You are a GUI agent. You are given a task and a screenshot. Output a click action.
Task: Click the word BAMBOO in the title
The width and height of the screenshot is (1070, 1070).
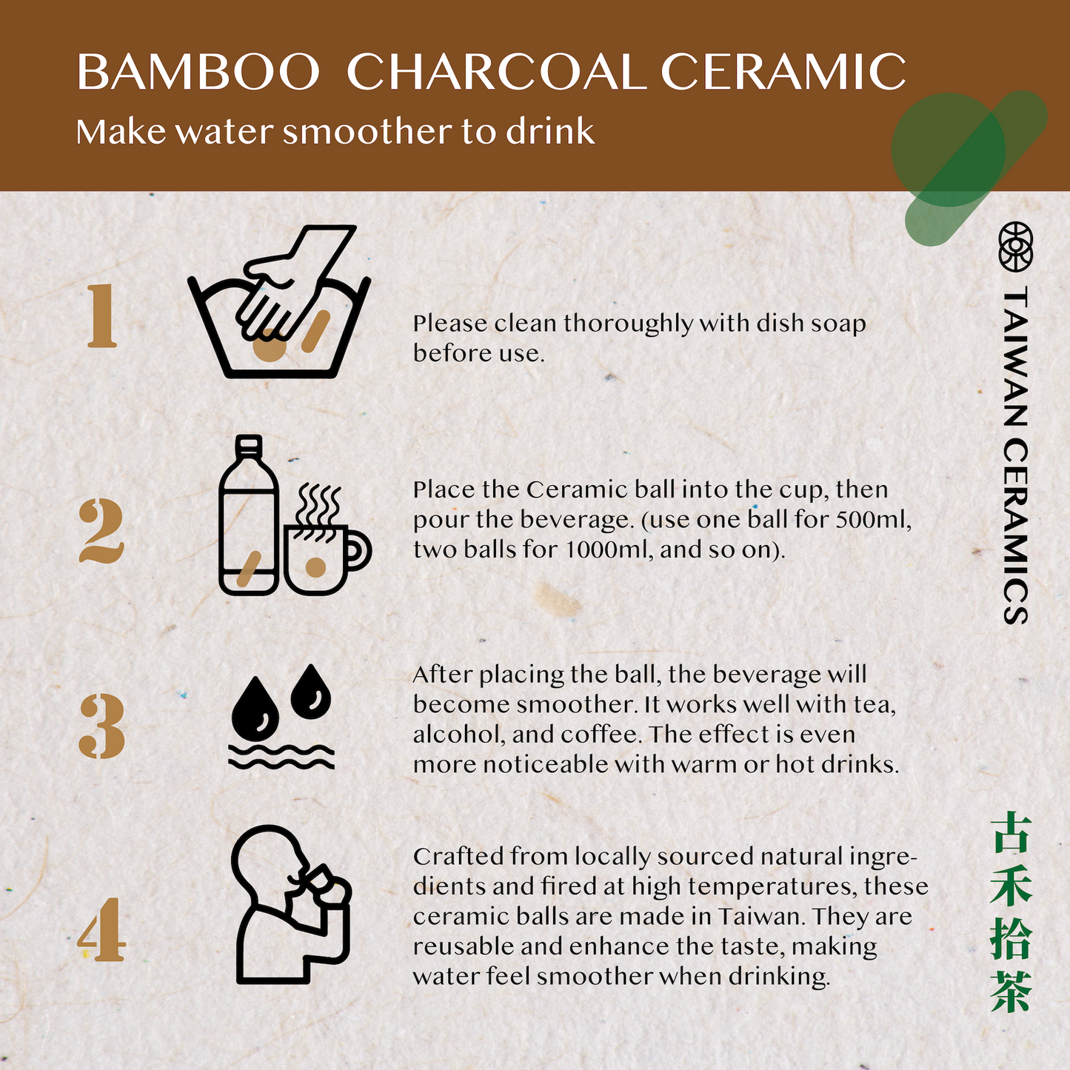(x=198, y=72)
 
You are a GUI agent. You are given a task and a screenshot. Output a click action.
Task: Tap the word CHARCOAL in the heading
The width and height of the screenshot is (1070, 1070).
(x=496, y=72)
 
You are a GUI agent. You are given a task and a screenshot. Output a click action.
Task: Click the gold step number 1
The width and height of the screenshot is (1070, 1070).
(x=101, y=316)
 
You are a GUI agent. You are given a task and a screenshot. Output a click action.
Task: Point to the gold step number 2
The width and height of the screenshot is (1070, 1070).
(x=101, y=531)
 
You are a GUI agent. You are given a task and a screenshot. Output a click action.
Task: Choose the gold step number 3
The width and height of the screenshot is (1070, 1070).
(x=102, y=726)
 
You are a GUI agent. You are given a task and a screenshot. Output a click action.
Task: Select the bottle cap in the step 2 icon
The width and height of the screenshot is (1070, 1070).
(x=249, y=443)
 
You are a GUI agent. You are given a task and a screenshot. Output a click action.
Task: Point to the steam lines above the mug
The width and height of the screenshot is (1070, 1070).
(x=318, y=505)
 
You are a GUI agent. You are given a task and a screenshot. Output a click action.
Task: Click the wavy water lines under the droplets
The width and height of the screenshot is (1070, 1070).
(x=281, y=757)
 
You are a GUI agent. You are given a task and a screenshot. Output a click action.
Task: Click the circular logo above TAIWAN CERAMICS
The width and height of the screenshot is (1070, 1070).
(x=1016, y=247)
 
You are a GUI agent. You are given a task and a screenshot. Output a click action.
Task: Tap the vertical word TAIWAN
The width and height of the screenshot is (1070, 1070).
(x=1016, y=356)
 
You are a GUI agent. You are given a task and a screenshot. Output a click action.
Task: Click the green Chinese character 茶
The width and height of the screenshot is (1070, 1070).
(x=1012, y=992)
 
